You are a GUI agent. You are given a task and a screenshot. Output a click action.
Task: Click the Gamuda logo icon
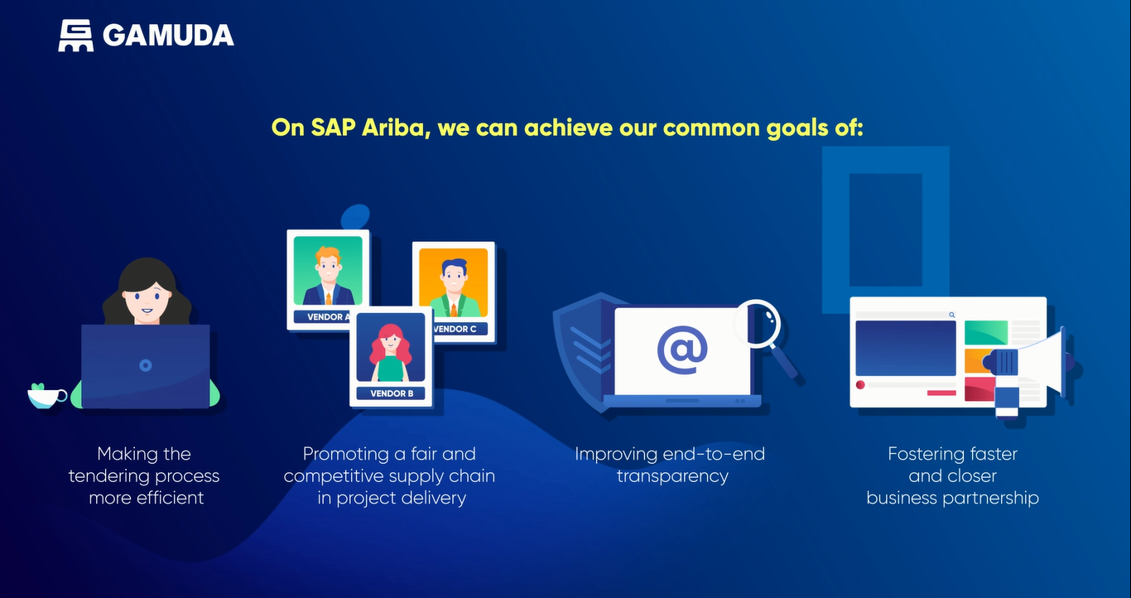75,36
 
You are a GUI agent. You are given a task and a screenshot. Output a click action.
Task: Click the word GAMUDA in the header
168,36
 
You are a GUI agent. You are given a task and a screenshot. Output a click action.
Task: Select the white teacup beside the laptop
46,397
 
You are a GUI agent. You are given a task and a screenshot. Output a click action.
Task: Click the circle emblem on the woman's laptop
146,365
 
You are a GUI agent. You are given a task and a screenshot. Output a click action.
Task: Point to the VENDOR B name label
392,393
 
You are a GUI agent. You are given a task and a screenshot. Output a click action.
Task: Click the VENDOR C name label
456,329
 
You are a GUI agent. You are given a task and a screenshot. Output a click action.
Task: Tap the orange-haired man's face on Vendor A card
328,266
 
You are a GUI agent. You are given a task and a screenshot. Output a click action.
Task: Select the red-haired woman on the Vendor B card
390,353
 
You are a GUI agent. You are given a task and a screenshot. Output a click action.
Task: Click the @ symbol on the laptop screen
682,350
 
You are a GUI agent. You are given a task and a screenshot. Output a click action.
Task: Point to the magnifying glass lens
757,323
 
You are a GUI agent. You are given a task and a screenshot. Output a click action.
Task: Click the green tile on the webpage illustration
985,332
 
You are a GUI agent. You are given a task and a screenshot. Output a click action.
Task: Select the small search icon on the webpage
952,315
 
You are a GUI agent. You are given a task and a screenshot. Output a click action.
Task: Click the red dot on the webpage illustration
860,385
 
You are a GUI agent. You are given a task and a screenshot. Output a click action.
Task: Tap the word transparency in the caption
672,476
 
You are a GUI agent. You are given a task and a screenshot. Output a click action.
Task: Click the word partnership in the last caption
990,498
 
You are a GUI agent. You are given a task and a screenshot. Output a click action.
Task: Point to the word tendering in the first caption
108,476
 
